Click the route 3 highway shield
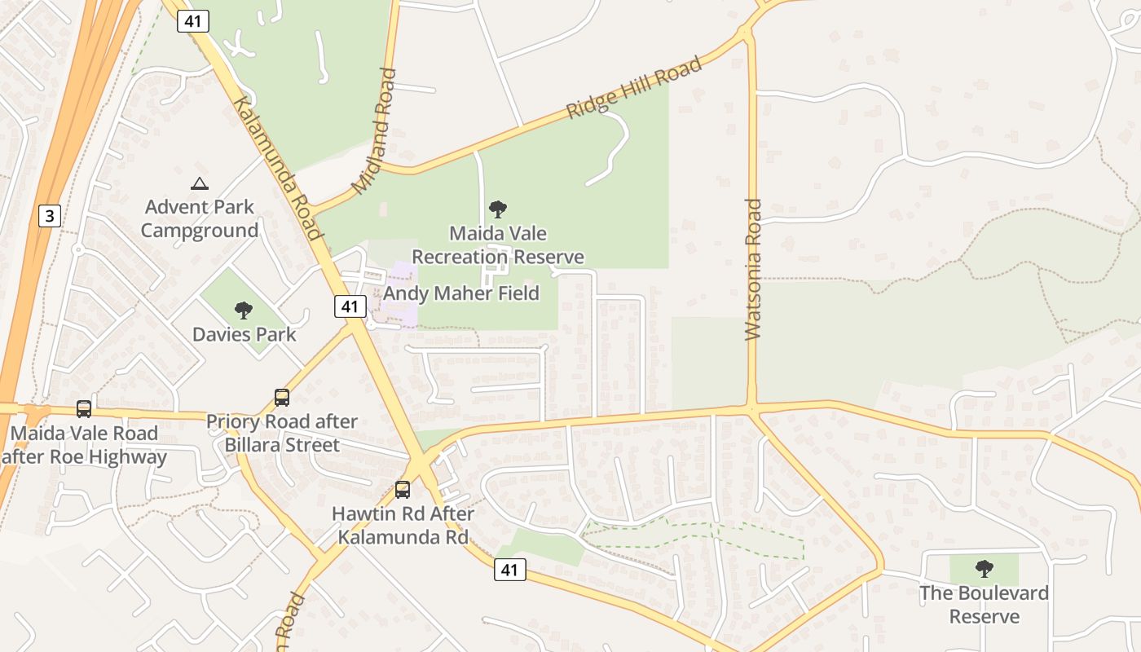[51, 216]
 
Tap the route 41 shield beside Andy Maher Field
[350, 306]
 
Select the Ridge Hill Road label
[634, 88]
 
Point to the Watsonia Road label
[753, 269]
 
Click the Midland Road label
[375, 131]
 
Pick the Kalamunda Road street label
[278, 169]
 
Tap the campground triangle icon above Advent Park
[199, 184]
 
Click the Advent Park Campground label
[199, 218]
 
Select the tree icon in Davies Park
[243, 310]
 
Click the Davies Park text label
[244, 334]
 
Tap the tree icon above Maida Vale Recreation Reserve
[497, 209]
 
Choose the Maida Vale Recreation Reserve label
[497, 244]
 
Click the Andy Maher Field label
[461, 293]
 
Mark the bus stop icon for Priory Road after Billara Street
[282, 398]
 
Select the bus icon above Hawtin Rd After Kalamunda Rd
[403, 490]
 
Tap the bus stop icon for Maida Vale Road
[84, 408]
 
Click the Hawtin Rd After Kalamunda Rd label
[403, 526]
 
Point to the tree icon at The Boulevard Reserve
[985, 569]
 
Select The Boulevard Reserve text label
[985, 604]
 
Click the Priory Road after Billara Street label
[282, 434]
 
